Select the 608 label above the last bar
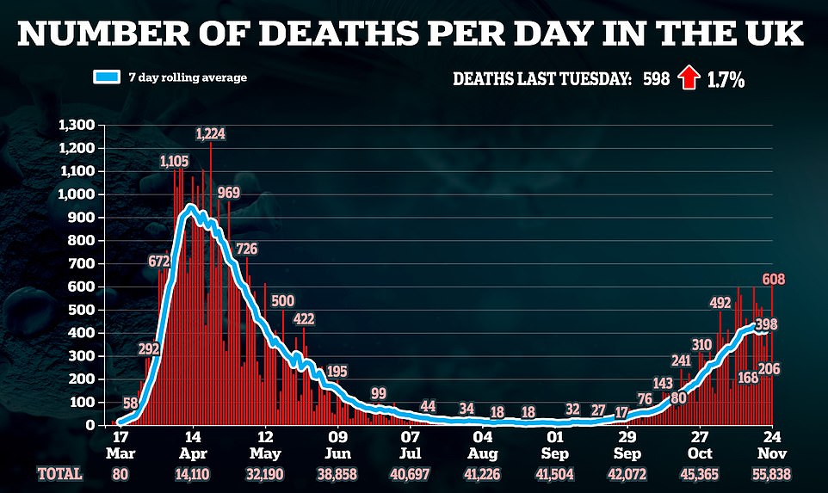[774, 278]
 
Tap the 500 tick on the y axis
[83, 310]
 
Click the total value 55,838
[769, 473]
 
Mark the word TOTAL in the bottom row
[60, 473]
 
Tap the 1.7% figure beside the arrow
[726, 79]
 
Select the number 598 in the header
[655, 79]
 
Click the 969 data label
[228, 192]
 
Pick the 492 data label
[720, 302]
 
